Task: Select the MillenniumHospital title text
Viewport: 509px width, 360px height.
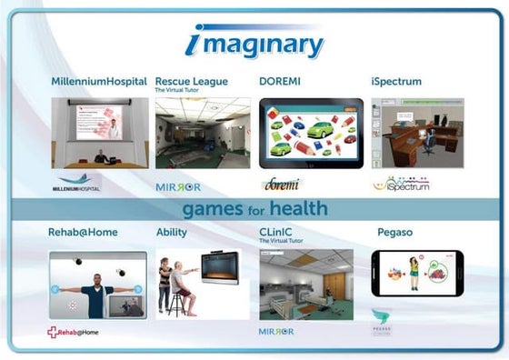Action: coord(97,82)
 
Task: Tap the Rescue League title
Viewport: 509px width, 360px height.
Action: coord(192,82)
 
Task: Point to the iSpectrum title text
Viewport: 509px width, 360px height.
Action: coord(396,82)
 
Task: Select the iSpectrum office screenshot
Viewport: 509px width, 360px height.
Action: coord(417,132)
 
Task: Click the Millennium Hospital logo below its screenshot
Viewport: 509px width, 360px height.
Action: coord(79,183)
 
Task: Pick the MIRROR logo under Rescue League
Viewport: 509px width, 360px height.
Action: coord(178,186)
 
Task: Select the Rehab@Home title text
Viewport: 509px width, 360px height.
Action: coord(83,233)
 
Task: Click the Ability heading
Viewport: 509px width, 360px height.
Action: coord(173,233)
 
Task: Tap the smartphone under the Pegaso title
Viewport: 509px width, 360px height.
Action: coord(417,274)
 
